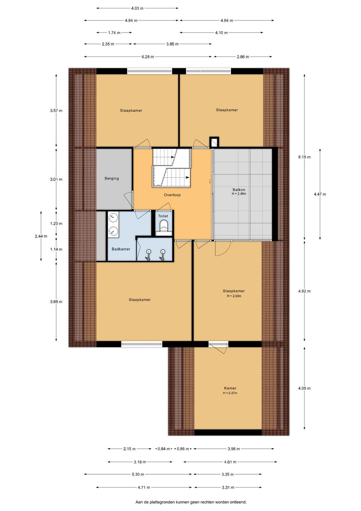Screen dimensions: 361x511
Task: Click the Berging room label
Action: pos(112,179)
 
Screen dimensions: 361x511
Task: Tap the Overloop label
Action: pos(172,195)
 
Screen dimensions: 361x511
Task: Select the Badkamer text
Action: pos(121,249)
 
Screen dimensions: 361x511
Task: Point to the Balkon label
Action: pos(239,190)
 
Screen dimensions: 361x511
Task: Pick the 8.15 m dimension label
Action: pos(305,157)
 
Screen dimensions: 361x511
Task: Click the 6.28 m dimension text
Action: pos(148,57)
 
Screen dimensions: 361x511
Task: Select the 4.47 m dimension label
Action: pos(320,194)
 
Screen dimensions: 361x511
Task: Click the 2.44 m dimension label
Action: pos(41,236)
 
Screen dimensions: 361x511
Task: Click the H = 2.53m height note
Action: pos(234,296)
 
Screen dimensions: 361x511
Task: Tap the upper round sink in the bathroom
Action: pos(113,217)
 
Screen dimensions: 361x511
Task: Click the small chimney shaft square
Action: pos(214,142)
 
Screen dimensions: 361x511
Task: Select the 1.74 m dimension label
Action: pos(114,33)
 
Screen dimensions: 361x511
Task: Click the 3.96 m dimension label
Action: pos(234,449)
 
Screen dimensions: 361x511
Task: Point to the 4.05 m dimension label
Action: pos(305,388)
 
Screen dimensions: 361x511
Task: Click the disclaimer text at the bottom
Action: pos(191,502)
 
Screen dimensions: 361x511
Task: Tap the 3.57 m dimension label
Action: pos(56,111)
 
